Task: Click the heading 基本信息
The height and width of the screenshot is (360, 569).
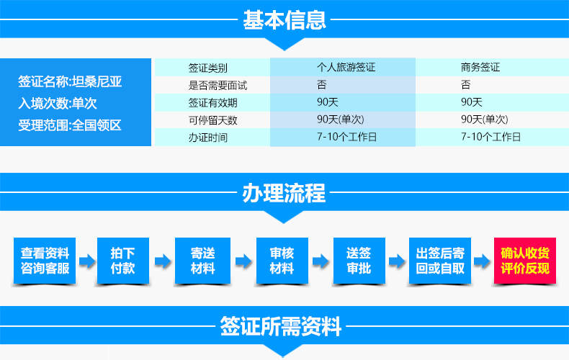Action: [284, 19]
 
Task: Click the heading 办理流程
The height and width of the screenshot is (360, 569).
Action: [284, 193]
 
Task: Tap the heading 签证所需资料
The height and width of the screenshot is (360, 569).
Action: [280, 326]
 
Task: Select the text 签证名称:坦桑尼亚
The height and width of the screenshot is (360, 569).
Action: [70, 81]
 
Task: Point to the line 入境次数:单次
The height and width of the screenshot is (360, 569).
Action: [58, 104]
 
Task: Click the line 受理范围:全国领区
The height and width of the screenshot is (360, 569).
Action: [70, 125]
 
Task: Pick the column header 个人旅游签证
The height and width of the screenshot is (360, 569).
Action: [346, 67]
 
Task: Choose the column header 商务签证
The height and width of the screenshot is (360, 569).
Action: [480, 67]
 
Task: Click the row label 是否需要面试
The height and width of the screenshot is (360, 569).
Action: [218, 85]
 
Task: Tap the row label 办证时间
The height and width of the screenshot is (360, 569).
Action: [208, 138]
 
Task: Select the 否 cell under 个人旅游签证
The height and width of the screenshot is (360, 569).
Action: [321, 84]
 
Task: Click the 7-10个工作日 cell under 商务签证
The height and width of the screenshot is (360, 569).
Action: [490, 137]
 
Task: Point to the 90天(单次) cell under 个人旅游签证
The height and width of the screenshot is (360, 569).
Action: [341, 120]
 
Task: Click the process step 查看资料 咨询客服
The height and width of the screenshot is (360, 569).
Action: [45, 261]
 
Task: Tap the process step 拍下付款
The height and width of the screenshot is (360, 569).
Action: [123, 261]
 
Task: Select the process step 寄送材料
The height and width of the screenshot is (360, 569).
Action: [202, 261]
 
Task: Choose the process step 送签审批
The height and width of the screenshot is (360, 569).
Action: [359, 261]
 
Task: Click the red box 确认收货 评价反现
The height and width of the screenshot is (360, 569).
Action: [525, 261]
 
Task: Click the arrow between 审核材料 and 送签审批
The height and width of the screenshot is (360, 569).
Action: [321, 261]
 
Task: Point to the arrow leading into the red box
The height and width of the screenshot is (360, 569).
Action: [483, 261]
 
